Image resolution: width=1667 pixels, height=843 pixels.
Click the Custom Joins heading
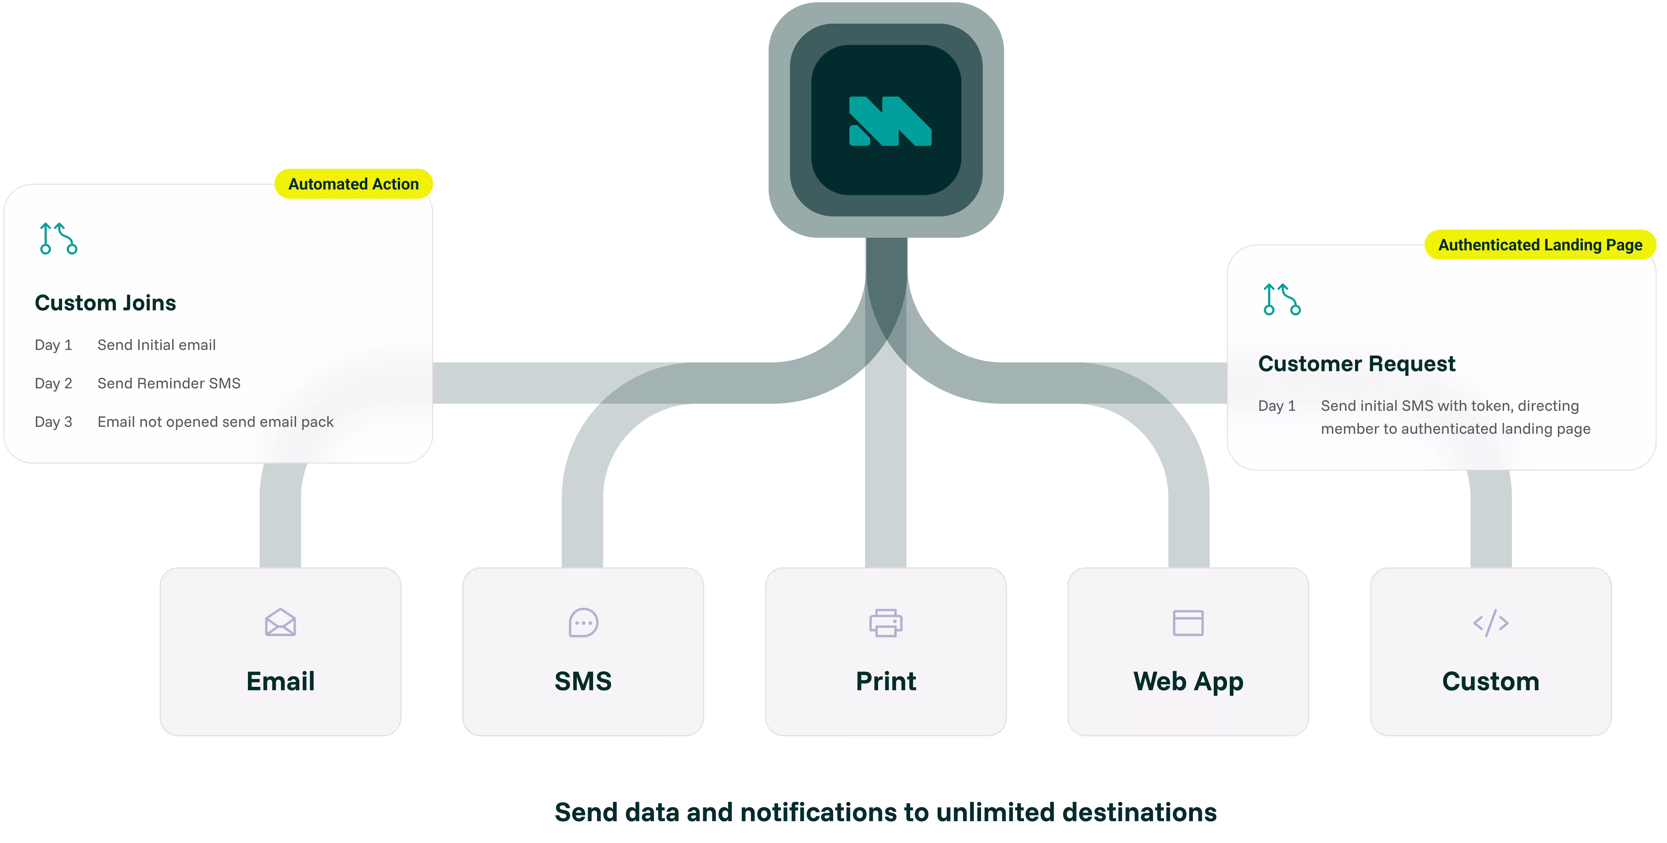(x=105, y=303)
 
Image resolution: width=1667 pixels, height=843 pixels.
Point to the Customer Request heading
(x=1357, y=364)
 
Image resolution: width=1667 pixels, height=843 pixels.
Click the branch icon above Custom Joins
(x=58, y=238)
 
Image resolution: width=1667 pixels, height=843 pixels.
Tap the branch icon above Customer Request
(x=1281, y=299)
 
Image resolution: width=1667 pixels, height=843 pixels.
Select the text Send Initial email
(x=157, y=345)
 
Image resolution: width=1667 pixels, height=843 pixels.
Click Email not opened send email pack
(x=215, y=422)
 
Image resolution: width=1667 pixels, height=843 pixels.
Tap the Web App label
(x=1188, y=681)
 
